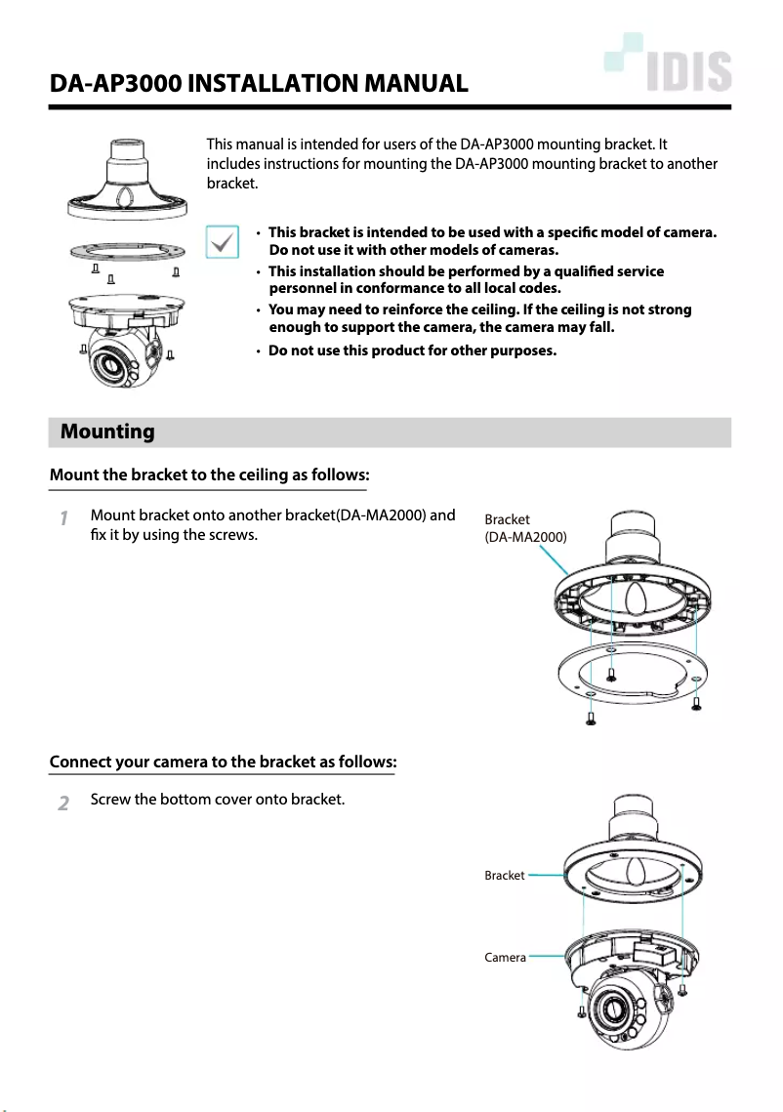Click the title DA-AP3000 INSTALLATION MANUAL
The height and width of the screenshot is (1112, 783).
pyautogui.click(x=259, y=84)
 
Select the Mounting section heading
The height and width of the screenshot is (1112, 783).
pyautogui.click(x=107, y=432)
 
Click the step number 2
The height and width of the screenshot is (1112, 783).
pyautogui.click(x=62, y=803)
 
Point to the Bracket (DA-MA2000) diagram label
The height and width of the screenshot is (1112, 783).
pyautogui.click(x=525, y=528)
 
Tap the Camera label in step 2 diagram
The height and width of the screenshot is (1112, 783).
pyautogui.click(x=505, y=958)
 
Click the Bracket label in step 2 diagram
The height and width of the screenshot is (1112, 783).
pyautogui.click(x=504, y=876)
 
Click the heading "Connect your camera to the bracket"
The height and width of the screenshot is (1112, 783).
pyautogui.click(x=223, y=762)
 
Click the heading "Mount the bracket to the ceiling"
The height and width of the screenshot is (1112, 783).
pyautogui.click(x=209, y=475)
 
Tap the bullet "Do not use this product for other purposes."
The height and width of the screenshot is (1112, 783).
pyautogui.click(x=412, y=350)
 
